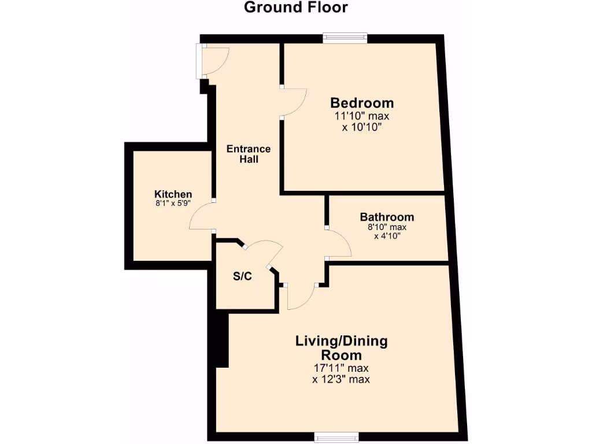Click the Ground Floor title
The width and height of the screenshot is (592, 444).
[x=295, y=8]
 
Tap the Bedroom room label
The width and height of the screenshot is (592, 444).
[x=362, y=103]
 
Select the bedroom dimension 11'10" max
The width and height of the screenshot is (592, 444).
[x=362, y=116]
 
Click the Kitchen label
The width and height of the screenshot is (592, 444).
[x=173, y=194]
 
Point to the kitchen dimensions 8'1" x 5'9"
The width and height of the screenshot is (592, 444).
[x=173, y=203]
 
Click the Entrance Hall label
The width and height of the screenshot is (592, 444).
[x=249, y=154]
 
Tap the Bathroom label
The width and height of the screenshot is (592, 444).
[x=387, y=217]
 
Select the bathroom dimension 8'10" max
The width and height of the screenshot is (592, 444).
[x=387, y=227]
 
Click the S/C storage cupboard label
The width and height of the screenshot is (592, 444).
[x=242, y=276]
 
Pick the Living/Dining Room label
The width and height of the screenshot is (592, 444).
[x=341, y=347]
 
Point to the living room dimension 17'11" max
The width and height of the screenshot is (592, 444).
[x=341, y=368]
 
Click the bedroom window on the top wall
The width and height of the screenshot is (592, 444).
[x=345, y=38]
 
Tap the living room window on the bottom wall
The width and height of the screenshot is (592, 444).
[x=336, y=436]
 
